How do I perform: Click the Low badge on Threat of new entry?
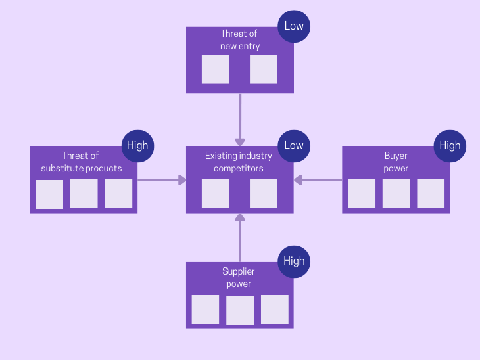pyautogui.click(x=294, y=26)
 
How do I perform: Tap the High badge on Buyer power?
pyautogui.click(x=450, y=146)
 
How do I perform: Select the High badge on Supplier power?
pyautogui.click(x=294, y=261)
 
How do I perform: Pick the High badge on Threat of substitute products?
pyautogui.click(x=138, y=146)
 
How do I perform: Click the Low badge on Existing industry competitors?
pyautogui.click(x=294, y=146)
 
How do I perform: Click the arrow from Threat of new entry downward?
pyautogui.click(x=240, y=120)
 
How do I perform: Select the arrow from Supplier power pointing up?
pyautogui.click(x=240, y=238)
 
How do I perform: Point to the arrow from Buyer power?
pyautogui.click(x=318, y=180)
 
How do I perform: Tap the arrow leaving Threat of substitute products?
pyautogui.click(x=162, y=180)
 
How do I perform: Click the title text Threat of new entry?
pyautogui.click(x=240, y=40)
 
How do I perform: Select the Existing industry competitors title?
pyautogui.click(x=239, y=162)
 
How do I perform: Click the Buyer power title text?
pyautogui.click(x=396, y=162)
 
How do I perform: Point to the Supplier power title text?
pyautogui.click(x=239, y=277)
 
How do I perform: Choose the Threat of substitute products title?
pyautogui.click(x=82, y=162)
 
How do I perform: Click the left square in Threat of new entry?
pyautogui.click(x=216, y=70)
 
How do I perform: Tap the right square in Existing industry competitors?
pyautogui.click(x=264, y=193)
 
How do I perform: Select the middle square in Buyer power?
pyautogui.click(x=396, y=193)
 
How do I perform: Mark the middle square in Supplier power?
pyautogui.click(x=240, y=309)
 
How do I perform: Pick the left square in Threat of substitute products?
pyautogui.click(x=49, y=194)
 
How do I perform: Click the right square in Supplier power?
pyautogui.click(x=275, y=309)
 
